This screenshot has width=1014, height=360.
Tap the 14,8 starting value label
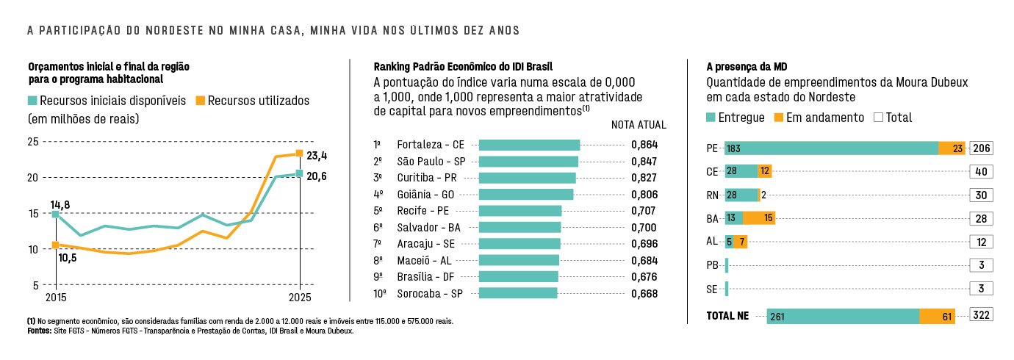[60, 204]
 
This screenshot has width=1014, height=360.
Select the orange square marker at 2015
[55, 245]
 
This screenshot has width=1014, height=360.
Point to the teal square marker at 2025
[299, 173]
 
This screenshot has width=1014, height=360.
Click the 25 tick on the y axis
[33, 141]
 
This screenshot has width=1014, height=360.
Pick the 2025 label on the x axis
[299, 298]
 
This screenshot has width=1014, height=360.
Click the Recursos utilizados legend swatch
[200, 100]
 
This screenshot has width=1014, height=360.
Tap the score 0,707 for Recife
[644, 211]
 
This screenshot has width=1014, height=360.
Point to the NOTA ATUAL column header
[639, 125]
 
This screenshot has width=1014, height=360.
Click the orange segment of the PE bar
[952, 148]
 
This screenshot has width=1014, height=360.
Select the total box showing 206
[982, 148]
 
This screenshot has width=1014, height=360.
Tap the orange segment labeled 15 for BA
[759, 218]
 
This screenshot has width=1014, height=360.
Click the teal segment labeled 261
[843, 316]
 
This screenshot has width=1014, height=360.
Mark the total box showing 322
[982, 315]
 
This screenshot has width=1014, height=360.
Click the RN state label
[712, 195]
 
